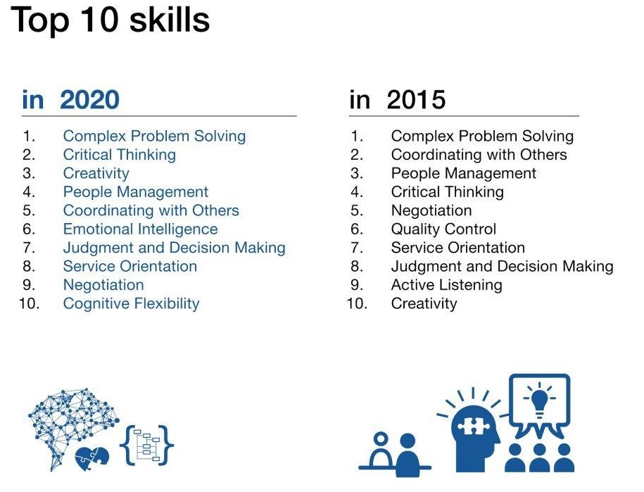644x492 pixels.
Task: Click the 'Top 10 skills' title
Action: click(110, 20)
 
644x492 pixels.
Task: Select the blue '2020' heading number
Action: click(89, 100)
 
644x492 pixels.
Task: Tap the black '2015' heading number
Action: click(416, 100)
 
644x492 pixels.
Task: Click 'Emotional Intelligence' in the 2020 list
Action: click(141, 229)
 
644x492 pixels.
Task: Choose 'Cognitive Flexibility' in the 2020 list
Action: click(131, 303)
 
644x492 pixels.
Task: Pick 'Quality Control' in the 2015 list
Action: click(443, 229)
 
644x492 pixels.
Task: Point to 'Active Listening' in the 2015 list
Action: click(446, 285)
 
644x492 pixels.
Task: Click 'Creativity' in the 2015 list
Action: click(424, 304)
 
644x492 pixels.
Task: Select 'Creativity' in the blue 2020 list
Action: click(96, 174)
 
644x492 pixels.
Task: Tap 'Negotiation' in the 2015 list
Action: click(431, 210)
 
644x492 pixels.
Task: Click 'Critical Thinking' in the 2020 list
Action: click(120, 155)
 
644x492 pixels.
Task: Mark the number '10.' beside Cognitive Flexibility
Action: click(29, 303)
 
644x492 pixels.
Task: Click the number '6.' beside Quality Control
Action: click(357, 229)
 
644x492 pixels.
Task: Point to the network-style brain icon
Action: click(72, 423)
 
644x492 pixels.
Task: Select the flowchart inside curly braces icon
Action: click(146, 446)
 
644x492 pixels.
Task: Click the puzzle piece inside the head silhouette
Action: click(473, 426)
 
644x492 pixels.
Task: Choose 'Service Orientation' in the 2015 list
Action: click(458, 248)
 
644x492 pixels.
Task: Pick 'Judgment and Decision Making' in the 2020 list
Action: click(174, 248)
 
